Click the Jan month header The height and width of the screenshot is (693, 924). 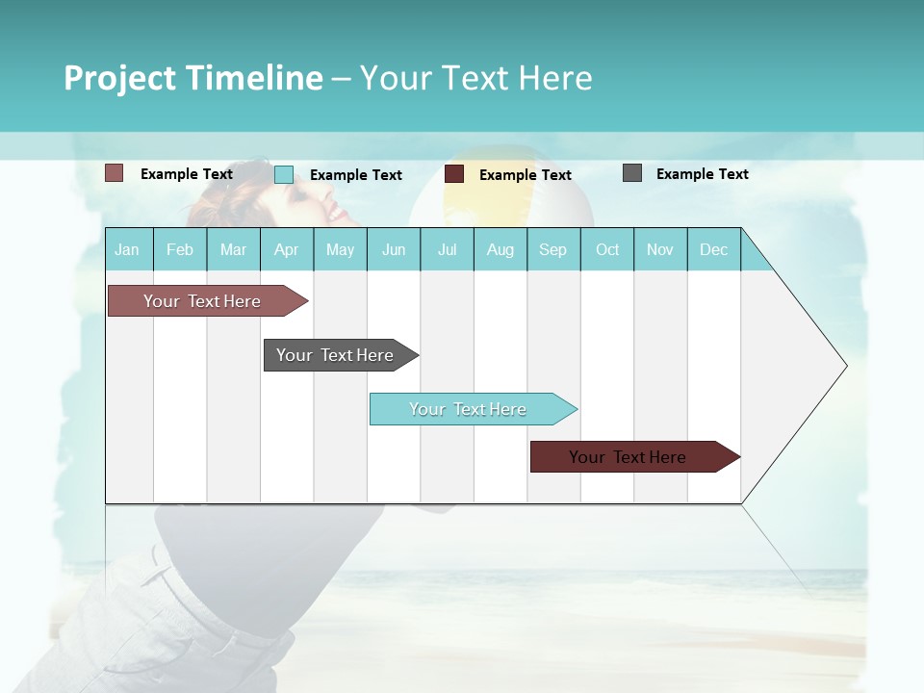128,250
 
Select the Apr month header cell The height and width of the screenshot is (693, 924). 287,250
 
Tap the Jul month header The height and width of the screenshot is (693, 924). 447,250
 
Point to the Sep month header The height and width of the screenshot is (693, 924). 552,250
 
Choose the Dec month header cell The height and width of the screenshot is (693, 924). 713,250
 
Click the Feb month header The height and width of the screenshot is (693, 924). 180,250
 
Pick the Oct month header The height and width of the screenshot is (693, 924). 607,250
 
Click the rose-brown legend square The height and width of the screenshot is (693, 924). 114,173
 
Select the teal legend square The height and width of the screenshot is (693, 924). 284,174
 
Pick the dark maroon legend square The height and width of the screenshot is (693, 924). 454,174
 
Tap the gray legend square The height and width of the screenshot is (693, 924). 632,173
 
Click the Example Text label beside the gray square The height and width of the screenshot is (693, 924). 702,174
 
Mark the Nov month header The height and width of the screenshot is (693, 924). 660,250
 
